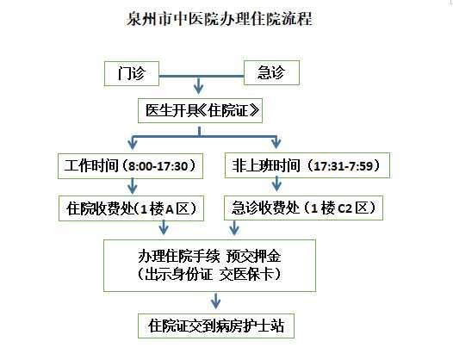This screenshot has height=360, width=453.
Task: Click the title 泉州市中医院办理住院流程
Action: coord(220,18)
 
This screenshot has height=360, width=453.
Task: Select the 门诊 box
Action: coord(132,73)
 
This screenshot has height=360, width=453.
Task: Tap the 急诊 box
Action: coord(271,72)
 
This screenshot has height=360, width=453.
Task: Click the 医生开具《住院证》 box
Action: coord(200,110)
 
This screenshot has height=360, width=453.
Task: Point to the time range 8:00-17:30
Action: coord(158,166)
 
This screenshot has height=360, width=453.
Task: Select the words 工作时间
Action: coord(91,166)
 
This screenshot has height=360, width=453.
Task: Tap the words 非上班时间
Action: coord(266,165)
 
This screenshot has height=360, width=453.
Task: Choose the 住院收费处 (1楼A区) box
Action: coord(131,208)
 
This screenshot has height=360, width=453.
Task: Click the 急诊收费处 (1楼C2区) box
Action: coord(303,208)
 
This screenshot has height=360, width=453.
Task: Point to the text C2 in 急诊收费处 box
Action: coord(344,208)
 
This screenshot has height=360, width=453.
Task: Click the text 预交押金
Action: coord(253,256)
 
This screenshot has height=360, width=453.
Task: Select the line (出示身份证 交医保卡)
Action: coord(209,274)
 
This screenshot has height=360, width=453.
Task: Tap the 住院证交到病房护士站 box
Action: coord(216,326)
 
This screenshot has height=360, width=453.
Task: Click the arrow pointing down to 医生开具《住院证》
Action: coord(198,85)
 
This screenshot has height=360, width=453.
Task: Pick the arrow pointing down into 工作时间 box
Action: coord(133,142)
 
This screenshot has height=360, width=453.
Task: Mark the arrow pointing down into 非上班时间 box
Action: coord(276,142)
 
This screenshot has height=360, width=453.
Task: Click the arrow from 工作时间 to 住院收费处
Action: coord(133,186)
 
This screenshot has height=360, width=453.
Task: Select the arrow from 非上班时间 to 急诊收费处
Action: coord(276,183)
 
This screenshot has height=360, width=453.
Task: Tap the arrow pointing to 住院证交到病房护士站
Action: coord(215,301)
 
